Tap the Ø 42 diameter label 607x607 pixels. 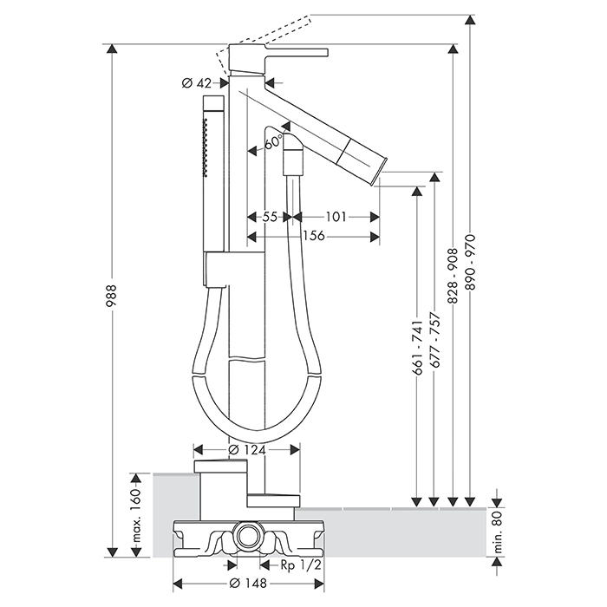tap(198, 83)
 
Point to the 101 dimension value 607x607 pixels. tap(337, 218)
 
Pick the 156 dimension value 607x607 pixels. tap(313, 236)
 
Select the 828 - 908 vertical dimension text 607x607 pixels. tap(453, 276)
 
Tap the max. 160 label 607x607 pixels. tap(135, 511)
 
